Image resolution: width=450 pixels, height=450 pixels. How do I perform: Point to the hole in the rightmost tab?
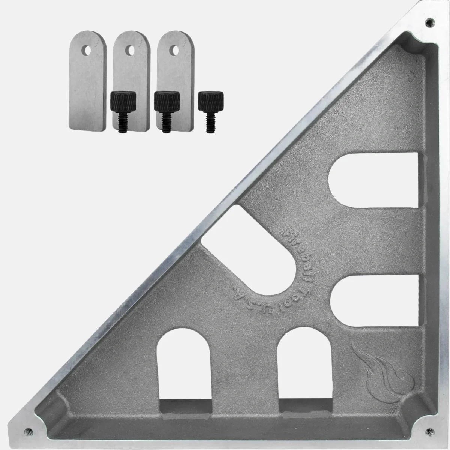[175, 50]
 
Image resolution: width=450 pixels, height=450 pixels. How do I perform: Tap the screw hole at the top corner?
[429, 22]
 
